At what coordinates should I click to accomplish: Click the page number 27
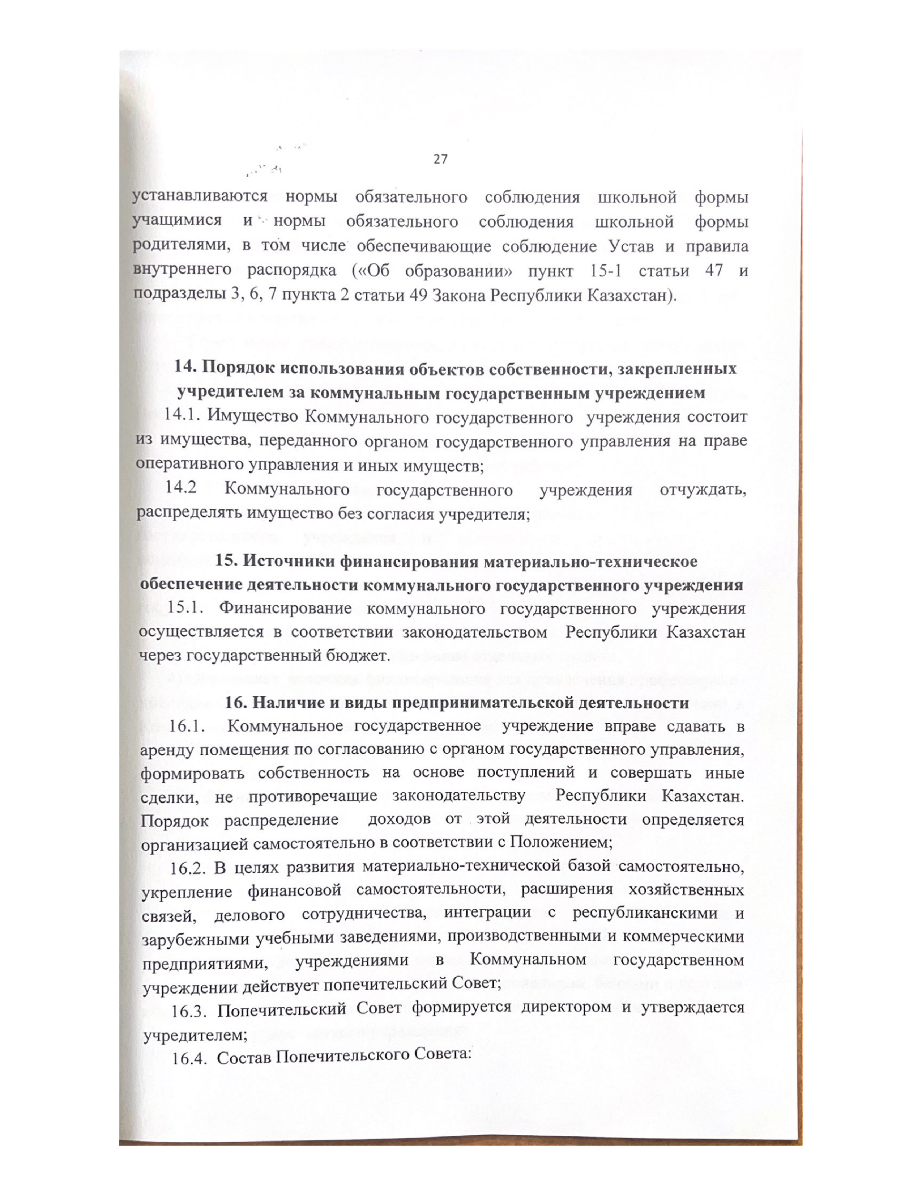440,159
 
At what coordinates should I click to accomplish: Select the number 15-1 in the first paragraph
605,271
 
